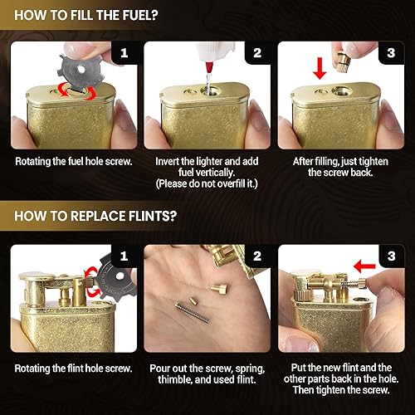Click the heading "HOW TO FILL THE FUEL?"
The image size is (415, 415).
(x=86, y=15)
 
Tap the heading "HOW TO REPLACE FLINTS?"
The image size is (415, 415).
(x=95, y=216)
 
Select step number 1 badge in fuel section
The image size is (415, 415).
(x=124, y=53)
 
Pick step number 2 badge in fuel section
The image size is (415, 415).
(x=257, y=53)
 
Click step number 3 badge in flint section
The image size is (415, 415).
(x=391, y=256)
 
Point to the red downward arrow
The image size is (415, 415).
(x=320, y=68)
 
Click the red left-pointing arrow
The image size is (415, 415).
(x=364, y=266)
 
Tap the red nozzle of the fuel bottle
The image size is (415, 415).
(x=209, y=67)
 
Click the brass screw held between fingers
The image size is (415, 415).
(x=344, y=63)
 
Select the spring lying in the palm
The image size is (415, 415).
(x=192, y=313)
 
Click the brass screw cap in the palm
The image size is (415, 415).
(x=219, y=289)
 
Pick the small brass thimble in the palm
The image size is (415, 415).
(x=193, y=300)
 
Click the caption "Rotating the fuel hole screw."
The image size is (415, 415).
(x=74, y=162)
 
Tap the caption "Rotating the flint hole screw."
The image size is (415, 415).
(x=73, y=369)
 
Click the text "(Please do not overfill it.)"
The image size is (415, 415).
(x=207, y=183)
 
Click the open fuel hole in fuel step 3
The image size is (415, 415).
(x=342, y=90)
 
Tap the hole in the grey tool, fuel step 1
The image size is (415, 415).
(x=81, y=69)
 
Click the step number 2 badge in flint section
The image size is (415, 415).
(x=257, y=256)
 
